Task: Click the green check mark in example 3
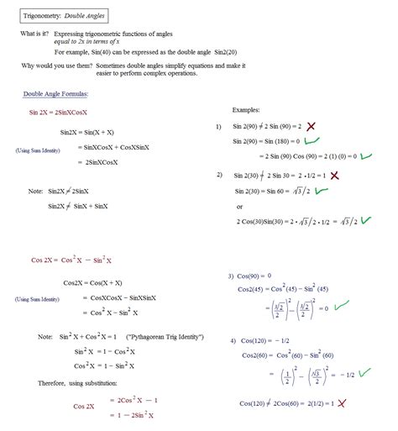coord(340,307)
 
